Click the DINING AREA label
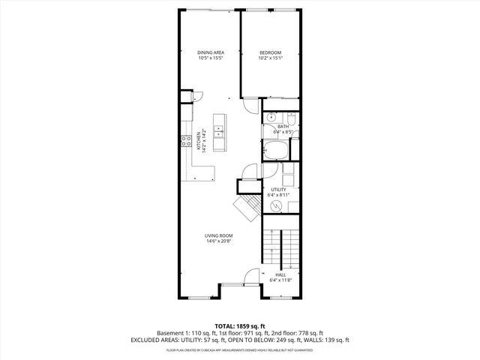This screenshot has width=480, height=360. point(211,52)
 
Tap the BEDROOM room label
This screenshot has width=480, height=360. point(270,52)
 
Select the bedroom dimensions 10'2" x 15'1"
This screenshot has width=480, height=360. point(270,58)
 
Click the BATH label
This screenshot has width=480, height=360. point(283,127)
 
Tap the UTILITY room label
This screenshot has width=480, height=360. point(278,190)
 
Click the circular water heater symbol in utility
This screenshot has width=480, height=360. point(275,205)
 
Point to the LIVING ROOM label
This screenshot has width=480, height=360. point(219,235)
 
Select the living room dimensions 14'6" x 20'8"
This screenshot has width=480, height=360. point(219,241)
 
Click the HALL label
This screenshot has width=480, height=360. point(280,274)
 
